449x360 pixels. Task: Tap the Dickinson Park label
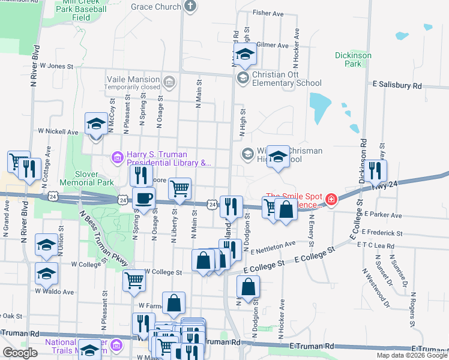click(x=354, y=59)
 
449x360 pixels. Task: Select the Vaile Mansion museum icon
click(x=169, y=81)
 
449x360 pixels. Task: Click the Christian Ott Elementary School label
click(x=287, y=79)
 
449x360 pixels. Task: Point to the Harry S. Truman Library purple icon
click(x=117, y=157)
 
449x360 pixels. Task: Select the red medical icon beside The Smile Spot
click(x=331, y=199)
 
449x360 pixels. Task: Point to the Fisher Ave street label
click(x=268, y=12)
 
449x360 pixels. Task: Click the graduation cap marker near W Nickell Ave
click(x=95, y=124)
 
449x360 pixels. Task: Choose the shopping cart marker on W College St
click(x=134, y=279)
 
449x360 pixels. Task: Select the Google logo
click(x=20, y=353)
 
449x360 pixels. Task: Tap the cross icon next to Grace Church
click(x=190, y=7)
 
